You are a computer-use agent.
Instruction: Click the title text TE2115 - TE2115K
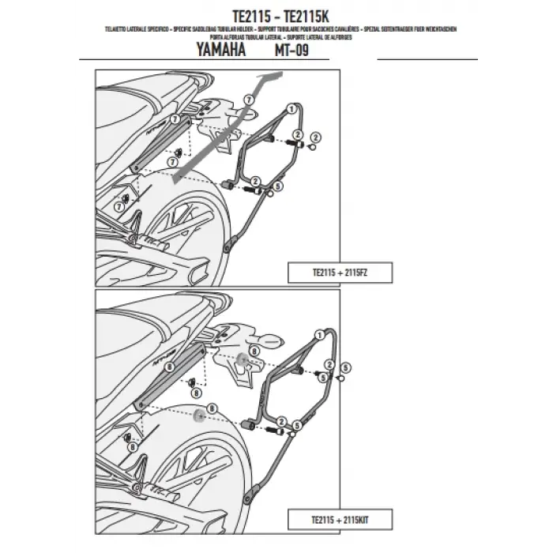click(276, 13)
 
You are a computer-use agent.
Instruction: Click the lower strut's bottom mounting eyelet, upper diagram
click(230, 247)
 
